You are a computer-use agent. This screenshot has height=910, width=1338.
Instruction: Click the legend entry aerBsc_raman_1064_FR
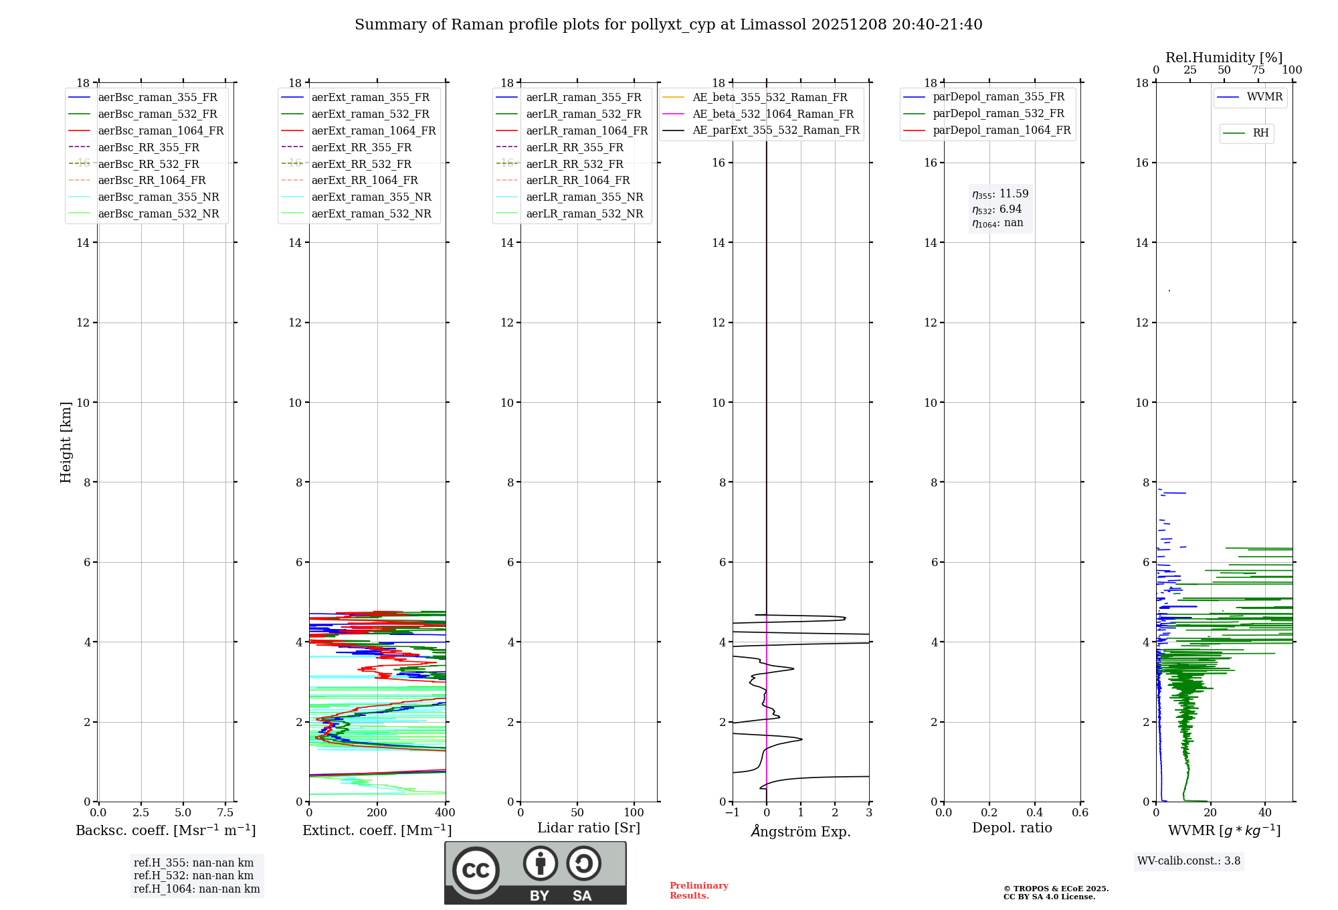pyautogui.click(x=161, y=130)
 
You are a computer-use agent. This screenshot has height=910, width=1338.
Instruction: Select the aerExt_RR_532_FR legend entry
pyautogui.click(x=361, y=164)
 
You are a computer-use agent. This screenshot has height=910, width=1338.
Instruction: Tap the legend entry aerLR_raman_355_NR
pyautogui.click(x=584, y=197)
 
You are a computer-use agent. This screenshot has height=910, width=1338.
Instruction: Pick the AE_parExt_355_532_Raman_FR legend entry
pyautogui.click(x=775, y=130)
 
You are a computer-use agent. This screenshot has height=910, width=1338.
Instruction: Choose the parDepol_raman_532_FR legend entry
pyautogui.click(x=998, y=113)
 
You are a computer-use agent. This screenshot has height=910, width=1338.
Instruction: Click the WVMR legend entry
pyautogui.click(x=1264, y=97)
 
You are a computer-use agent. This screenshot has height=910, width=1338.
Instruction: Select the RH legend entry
pyautogui.click(x=1260, y=133)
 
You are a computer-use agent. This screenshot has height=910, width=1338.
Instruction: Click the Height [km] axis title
pyautogui.click(x=66, y=442)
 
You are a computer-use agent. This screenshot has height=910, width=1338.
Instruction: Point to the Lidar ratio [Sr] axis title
pyautogui.click(x=589, y=828)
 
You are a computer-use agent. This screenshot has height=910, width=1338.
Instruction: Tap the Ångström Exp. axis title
pyautogui.click(x=801, y=832)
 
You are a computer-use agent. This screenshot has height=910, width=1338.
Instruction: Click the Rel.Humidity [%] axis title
pyautogui.click(x=1224, y=58)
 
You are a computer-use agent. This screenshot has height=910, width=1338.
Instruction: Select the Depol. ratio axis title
pyautogui.click(x=1012, y=828)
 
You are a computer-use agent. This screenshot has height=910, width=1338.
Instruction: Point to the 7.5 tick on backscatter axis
pyautogui.click(x=225, y=813)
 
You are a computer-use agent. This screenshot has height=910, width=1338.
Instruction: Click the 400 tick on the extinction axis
pyautogui.click(x=445, y=813)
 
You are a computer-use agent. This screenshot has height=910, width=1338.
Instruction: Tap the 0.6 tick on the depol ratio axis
pyautogui.click(x=1080, y=813)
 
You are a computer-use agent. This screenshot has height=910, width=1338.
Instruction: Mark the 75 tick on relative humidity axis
pyautogui.click(x=1258, y=70)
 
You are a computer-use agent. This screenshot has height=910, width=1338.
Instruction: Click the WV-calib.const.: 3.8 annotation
pyautogui.click(x=1188, y=861)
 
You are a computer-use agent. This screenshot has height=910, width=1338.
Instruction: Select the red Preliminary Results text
pyautogui.click(x=698, y=891)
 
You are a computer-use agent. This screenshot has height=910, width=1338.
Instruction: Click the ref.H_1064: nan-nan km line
pyautogui.click(x=197, y=889)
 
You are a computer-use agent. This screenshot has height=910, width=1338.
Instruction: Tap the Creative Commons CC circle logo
pyautogui.click(x=476, y=870)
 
